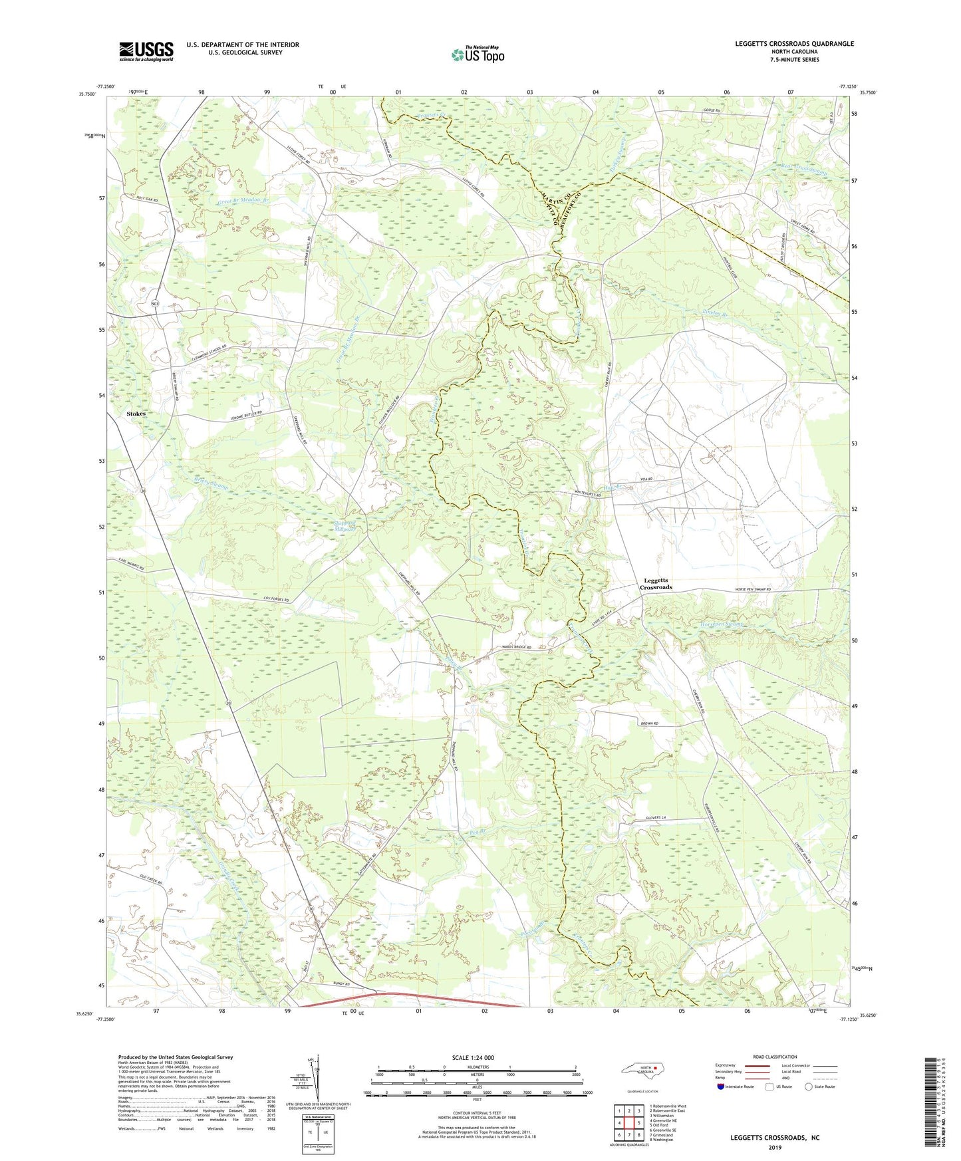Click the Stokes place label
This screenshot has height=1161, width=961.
coord(136,414)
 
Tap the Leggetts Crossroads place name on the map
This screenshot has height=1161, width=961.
coord(656,584)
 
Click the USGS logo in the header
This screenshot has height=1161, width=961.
coord(146,51)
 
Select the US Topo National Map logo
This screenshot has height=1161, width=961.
coord(477,54)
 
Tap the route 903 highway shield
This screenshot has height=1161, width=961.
coord(154,303)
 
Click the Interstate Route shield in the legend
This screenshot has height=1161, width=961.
coord(721,1087)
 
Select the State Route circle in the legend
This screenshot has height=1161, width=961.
coord(809,1087)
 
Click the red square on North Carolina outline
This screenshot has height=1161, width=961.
coord(655,1070)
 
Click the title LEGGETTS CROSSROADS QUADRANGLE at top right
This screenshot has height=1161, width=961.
coord(794,44)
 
